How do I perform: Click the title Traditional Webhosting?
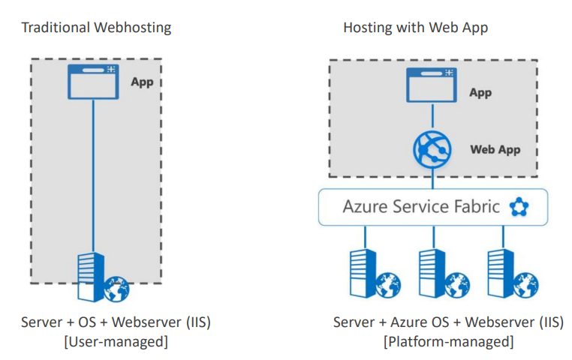(x=96, y=28)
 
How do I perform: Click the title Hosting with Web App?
(x=415, y=28)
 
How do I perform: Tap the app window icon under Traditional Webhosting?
(x=93, y=82)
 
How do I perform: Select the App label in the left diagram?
(x=142, y=82)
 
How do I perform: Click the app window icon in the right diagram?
(x=432, y=85)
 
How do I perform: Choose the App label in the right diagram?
(x=480, y=93)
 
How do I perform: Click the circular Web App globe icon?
(x=432, y=148)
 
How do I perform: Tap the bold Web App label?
(x=495, y=149)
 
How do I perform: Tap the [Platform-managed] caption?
(x=449, y=342)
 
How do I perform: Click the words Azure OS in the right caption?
(x=420, y=323)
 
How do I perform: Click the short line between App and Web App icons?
(x=432, y=116)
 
